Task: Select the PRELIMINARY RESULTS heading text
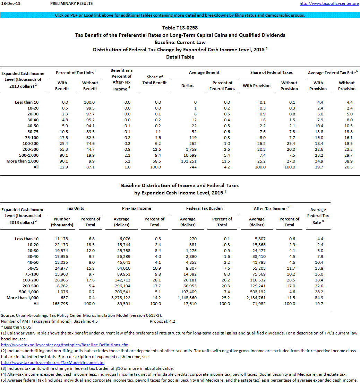pyautogui.click(x=71, y=3)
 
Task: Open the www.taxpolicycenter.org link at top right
pyautogui.click(x=329, y=3)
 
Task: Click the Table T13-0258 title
pyautogui.click(x=180, y=28)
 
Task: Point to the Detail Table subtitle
pyautogui.click(x=180, y=57)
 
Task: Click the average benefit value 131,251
pyautogui.click(x=188, y=161)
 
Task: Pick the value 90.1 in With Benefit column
pyautogui.click(x=62, y=161)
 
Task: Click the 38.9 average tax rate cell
pyautogui.click(x=346, y=161)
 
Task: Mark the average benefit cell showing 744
pyautogui.click(x=188, y=167)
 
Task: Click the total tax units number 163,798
pyautogui.click(x=62, y=304)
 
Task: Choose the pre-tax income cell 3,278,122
pyautogui.click(x=121, y=298)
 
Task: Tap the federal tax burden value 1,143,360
pyautogui.click(x=187, y=298)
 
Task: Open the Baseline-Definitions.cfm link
pyautogui.click(x=65, y=345)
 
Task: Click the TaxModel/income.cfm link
pyautogui.click(x=53, y=363)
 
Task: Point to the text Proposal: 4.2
pyautogui.click(x=162, y=321)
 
